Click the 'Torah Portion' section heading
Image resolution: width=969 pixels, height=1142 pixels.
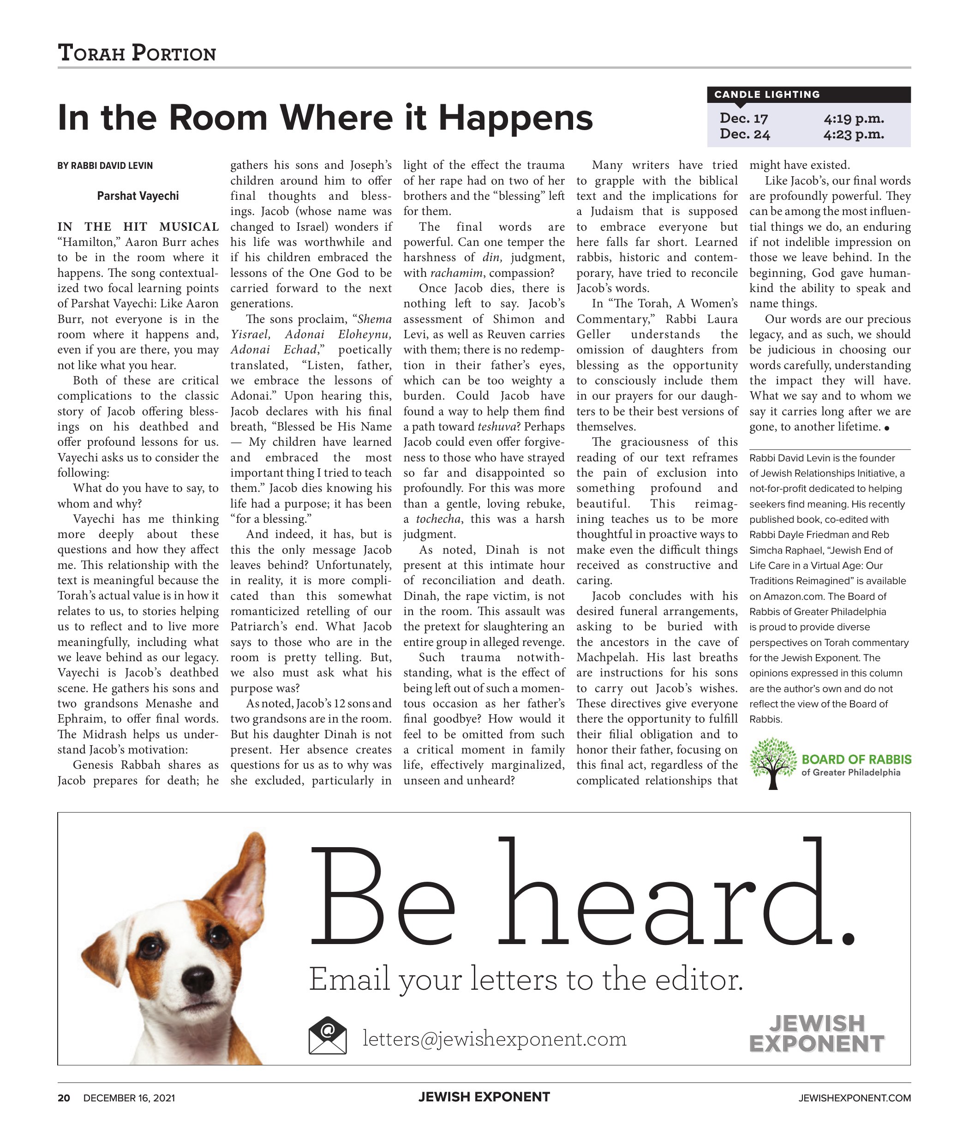click(137, 53)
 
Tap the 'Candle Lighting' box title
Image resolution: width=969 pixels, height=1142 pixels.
click(767, 95)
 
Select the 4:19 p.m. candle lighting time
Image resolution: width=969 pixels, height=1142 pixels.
click(853, 118)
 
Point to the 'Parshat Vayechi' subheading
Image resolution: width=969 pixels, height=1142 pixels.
click(138, 196)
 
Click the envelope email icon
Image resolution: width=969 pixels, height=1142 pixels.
click(328, 1035)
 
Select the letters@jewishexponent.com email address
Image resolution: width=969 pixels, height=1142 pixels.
click(494, 1039)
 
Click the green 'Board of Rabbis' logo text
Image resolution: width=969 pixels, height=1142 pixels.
click(856, 759)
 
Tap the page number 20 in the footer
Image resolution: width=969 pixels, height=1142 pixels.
click(64, 1098)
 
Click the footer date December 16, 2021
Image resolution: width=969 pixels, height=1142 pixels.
click(129, 1098)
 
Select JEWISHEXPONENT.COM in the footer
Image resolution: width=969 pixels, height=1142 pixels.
click(854, 1098)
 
